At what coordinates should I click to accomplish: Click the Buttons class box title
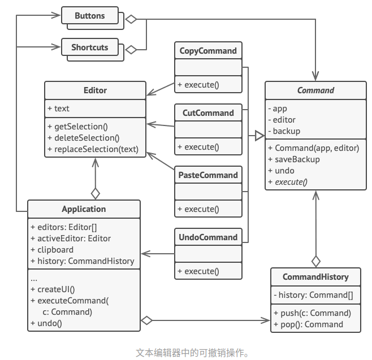[x=89, y=16]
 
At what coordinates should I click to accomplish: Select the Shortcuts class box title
[x=89, y=47]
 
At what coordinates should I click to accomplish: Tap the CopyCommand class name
[x=207, y=51]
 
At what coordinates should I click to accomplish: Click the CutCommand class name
[x=207, y=113]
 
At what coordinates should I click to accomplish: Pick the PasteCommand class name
[x=207, y=175]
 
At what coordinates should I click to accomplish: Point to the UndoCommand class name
[x=207, y=237]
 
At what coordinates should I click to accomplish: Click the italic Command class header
[x=315, y=90]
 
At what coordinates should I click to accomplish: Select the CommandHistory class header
[x=315, y=277]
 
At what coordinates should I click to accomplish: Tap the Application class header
[x=84, y=209]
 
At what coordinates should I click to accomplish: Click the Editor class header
[x=95, y=90]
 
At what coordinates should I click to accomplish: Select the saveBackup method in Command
[x=293, y=159]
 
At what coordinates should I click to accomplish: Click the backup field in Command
[x=286, y=131]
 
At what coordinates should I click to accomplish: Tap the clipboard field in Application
[x=52, y=250]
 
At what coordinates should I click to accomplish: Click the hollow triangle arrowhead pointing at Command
[x=259, y=136]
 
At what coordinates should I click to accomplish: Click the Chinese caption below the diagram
[x=192, y=353]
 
